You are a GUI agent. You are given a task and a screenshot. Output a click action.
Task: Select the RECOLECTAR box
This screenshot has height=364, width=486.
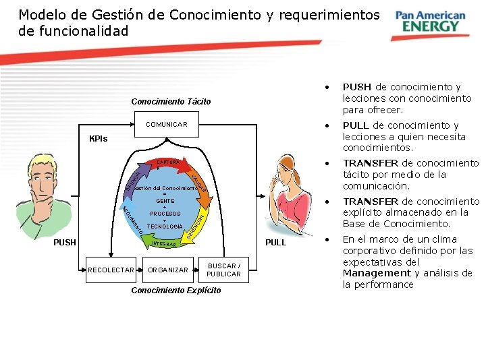point(111,270)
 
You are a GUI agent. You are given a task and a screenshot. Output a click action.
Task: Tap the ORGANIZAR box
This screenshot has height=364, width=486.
point(168,270)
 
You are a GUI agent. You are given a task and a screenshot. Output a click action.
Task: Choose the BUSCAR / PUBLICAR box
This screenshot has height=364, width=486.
point(223,270)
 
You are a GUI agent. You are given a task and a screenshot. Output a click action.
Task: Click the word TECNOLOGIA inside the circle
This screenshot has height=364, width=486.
point(165,226)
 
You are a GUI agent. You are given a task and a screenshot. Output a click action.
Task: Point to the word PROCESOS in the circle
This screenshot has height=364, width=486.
point(165,214)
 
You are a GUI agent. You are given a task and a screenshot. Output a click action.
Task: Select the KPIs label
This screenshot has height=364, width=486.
point(99,139)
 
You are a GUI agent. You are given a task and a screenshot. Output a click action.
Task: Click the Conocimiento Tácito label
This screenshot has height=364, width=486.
point(171,102)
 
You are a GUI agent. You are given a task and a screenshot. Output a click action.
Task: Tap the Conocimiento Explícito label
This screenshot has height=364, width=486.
point(176,291)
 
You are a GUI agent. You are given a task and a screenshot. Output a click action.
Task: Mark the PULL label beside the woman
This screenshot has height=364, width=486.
point(275,241)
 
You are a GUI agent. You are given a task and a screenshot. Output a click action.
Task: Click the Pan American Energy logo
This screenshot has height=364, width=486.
point(430,22)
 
